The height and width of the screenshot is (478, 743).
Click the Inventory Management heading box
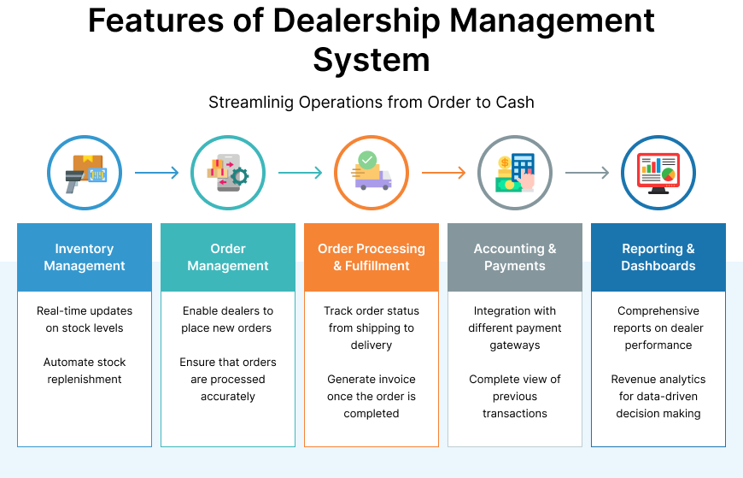coord(85,257)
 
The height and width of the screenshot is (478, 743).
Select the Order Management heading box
coord(228,257)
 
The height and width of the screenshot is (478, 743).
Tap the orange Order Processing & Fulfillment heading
coord(371,257)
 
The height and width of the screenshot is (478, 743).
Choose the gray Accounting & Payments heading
coord(515,257)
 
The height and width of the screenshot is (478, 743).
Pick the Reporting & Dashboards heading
coord(658,257)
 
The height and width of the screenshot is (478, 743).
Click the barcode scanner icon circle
coord(85,173)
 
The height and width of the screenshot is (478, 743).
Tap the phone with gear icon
coord(228,173)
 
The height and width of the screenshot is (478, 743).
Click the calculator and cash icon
coord(515,173)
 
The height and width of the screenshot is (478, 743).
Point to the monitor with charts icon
coord(658,173)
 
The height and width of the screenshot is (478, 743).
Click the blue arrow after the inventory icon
coord(157,173)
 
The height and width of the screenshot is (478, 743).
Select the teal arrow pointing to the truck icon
coord(301,173)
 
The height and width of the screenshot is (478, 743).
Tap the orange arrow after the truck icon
coord(444,173)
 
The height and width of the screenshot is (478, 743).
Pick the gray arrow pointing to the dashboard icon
coord(588,173)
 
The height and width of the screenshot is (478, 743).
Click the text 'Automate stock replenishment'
coord(85,370)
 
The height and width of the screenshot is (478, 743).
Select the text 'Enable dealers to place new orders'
coord(228,319)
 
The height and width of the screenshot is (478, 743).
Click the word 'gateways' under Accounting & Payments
coord(515,345)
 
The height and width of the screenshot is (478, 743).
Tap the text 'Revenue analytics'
coord(658,379)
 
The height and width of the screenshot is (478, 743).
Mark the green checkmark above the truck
coord(367,159)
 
